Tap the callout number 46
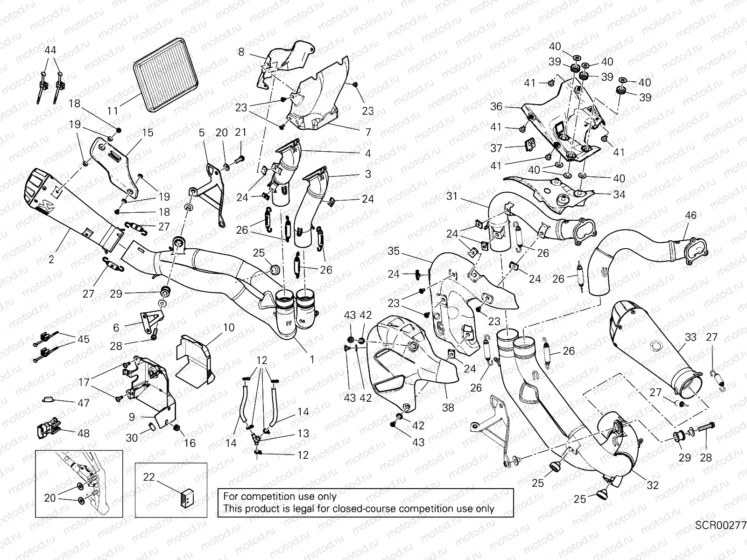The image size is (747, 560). point(691,216)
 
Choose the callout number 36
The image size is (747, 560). point(496,107)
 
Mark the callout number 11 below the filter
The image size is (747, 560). point(113,111)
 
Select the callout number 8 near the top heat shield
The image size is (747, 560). point(241,52)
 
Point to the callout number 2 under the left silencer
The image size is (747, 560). point(51,259)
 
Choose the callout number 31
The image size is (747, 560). point(451,197)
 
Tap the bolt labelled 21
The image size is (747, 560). point(240,159)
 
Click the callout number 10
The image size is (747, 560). point(229,328)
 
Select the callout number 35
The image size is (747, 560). point(394,252)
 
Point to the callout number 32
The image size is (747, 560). point(652,485)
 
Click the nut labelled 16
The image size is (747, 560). point(177,428)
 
